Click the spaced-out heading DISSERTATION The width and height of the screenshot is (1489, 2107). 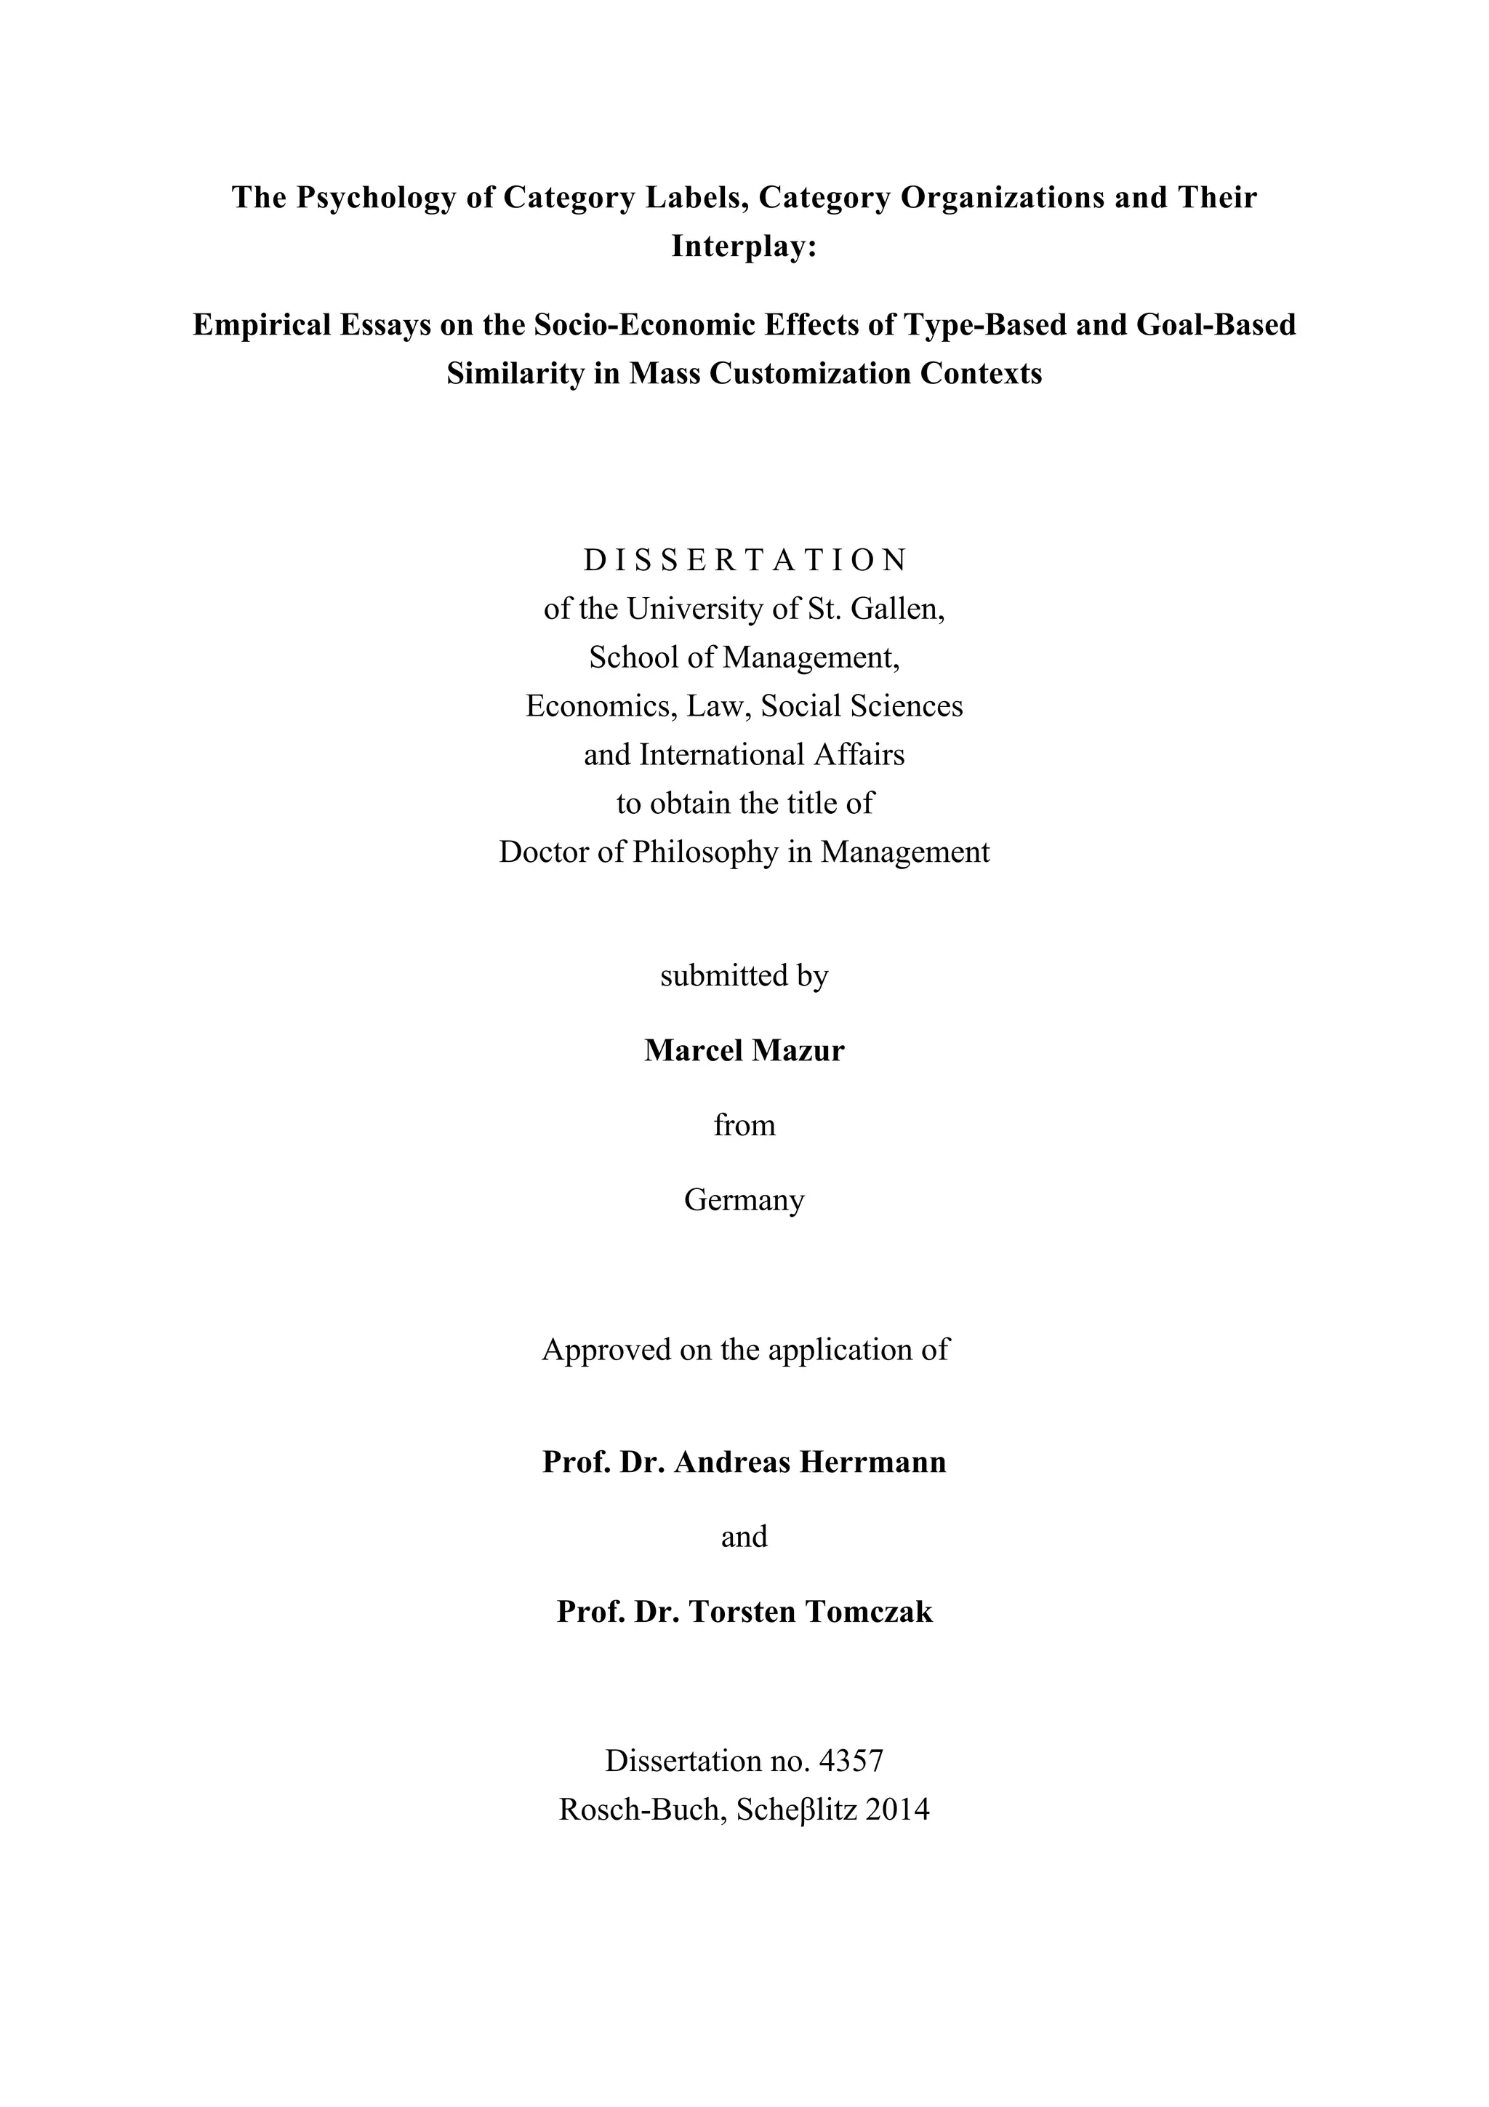click(744, 560)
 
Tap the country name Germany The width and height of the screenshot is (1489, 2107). click(744, 1200)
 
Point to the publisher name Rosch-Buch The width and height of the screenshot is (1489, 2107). click(640, 1810)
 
